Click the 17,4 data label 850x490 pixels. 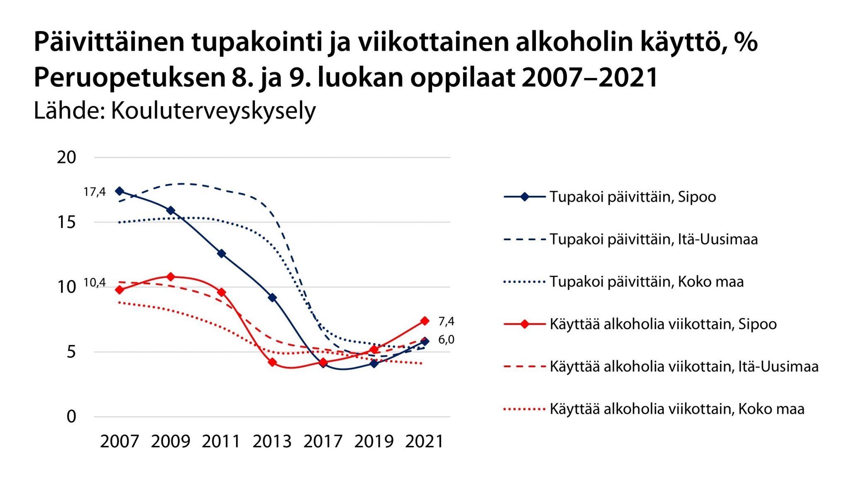coord(95,192)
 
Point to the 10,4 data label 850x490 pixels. coord(95,283)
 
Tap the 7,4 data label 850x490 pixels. coord(446,321)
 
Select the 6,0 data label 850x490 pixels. coord(446,339)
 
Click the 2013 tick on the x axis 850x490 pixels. coord(272,441)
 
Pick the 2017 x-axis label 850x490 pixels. coord(323,441)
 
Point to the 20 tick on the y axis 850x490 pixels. coord(66,157)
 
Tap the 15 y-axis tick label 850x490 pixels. coord(66,222)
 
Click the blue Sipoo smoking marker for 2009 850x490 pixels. coord(171,210)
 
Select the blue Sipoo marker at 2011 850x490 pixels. coord(222,254)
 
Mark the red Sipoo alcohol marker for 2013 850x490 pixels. coord(272,362)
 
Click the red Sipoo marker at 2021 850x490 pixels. coord(425,321)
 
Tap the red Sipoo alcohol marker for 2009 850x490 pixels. coord(171,277)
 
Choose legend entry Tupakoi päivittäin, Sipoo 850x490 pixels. coord(633,197)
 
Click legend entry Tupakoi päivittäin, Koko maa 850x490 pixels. coord(646,282)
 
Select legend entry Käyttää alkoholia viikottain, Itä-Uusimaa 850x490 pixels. coord(684,366)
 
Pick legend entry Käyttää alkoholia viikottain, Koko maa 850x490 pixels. coord(677,409)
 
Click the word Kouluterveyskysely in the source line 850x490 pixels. coord(213,111)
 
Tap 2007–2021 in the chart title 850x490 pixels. coord(590,77)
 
